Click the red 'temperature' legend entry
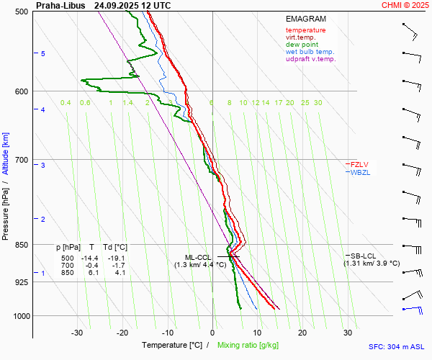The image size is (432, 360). click(x=305, y=30)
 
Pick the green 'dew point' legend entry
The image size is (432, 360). click(x=302, y=45)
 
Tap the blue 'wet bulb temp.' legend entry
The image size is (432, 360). click(x=310, y=52)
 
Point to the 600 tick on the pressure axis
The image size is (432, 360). click(x=21, y=91)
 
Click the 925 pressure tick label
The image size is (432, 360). click(x=21, y=282)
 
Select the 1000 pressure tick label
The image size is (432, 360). click(x=19, y=316)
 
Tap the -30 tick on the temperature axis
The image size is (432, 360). click(x=77, y=333)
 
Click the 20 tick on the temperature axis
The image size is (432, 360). click(x=302, y=333)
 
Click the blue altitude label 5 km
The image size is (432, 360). click(x=43, y=54)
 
